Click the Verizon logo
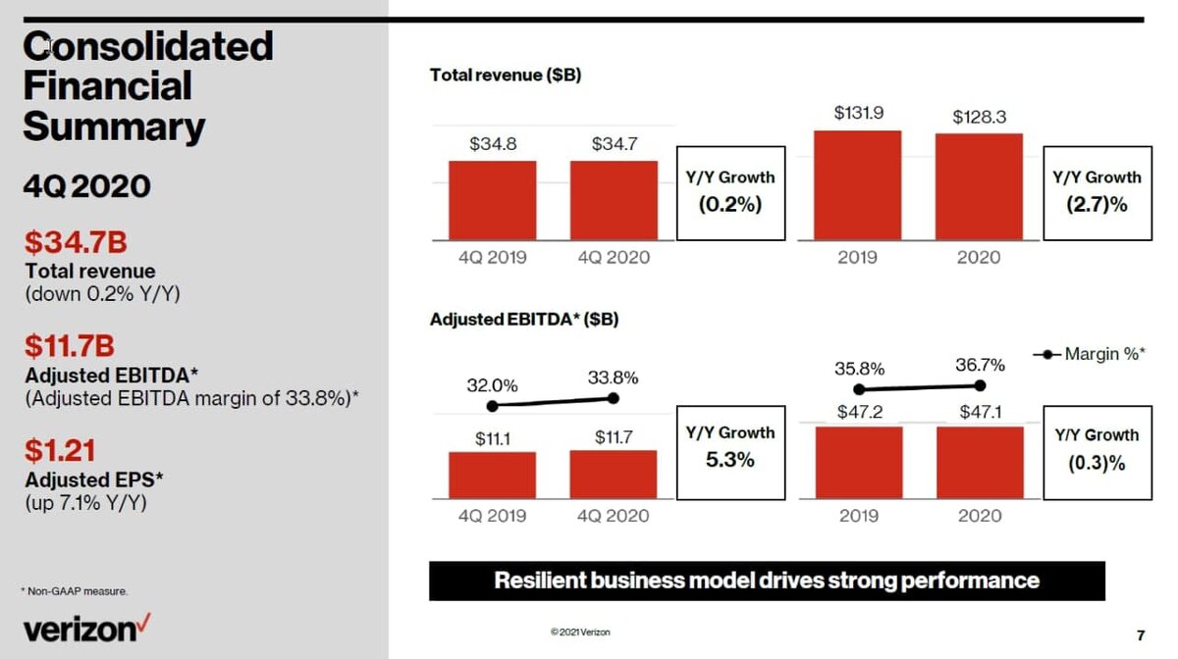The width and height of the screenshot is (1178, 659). click(x=87, y=628)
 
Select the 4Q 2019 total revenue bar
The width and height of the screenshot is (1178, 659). click(x=492, y=201)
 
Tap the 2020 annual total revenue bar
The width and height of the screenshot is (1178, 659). click(x=979, y=186)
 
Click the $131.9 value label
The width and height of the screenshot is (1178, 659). click(x=858, y=113)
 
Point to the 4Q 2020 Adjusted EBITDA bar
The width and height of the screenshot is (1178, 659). click(x=614, y=475)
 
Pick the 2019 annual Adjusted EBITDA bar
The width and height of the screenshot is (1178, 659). click(x=858, y=462)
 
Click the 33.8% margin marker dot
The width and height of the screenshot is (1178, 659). click(x=615, y=398)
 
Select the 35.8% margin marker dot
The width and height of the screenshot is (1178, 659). click(x=859, y=389)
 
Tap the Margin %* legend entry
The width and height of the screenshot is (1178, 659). click(x=1089, y=354)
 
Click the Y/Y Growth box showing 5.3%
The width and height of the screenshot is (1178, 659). click(x=730, y=446)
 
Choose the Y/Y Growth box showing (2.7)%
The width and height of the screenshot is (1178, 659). click(x=1097, y=192)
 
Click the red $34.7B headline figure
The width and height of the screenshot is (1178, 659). click(x=77, y=241)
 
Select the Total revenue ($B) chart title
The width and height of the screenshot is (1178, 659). click(x=506, y=75)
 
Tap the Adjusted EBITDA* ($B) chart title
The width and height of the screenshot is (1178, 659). click(x=524, y=320)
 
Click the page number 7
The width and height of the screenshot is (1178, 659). click(x=1140, y=634)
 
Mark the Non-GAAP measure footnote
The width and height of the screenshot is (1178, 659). click(x=74, y=590)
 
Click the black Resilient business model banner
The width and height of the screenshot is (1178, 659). click(x=767, y=581)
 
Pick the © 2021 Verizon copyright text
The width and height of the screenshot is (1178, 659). click(x=580, y=633)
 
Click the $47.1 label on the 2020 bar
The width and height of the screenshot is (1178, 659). click(x=980, y=413)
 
